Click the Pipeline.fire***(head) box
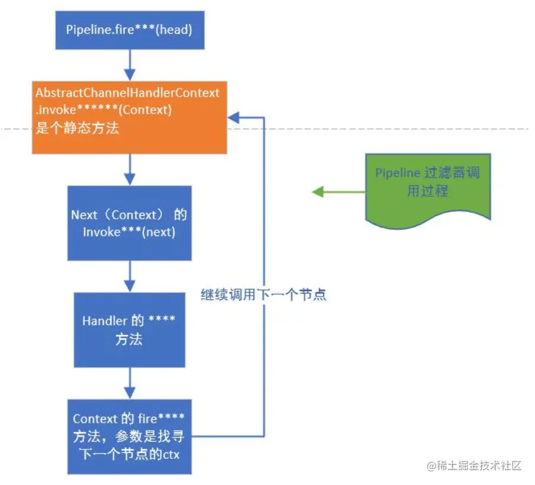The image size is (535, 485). point(130,30)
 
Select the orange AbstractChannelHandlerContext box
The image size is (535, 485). point(129,117)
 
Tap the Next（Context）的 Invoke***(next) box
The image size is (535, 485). point(129,223)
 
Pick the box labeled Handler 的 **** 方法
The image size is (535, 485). point(129,330)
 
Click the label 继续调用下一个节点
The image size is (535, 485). point(263,295)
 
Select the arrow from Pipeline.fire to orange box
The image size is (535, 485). point(129,65)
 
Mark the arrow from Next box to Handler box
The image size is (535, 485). point(129,276)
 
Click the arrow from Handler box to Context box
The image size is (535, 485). point(129,383)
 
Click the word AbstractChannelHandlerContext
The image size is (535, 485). point(128,93)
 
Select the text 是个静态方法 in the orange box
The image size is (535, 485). point(77,127)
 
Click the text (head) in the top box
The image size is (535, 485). point(176,30)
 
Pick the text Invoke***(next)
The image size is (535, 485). point(129,232)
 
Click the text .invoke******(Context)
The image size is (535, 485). point(104,110)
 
